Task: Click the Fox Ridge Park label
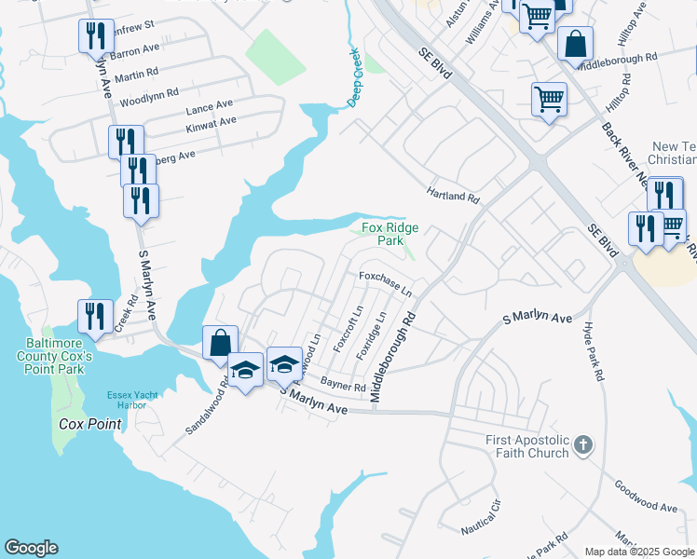(389, 234)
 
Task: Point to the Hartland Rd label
(453, 198)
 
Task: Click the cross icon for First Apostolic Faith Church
(583, 444)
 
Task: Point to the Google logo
(31, 548)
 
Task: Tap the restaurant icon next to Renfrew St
(97, 35)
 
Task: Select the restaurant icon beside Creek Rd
(96, 316)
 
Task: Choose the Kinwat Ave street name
(210, 122)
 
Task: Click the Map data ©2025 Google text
(638, 552)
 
